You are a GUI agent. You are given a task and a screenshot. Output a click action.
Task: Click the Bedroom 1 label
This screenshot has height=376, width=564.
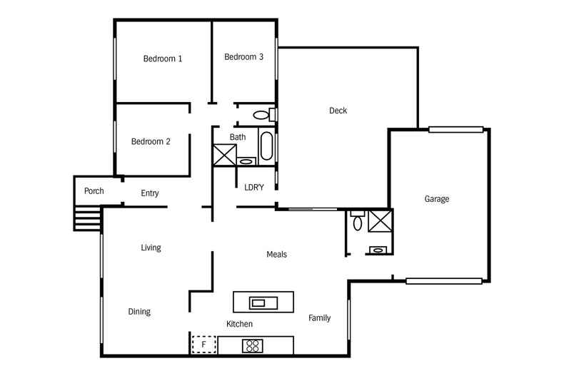coord(162,59)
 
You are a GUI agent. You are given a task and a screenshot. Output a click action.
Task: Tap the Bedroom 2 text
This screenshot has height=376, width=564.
coord(151,141)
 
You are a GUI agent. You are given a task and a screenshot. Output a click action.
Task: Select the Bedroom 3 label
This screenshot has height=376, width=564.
coord(243,57)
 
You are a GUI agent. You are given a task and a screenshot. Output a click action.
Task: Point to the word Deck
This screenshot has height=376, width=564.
coord(338,111)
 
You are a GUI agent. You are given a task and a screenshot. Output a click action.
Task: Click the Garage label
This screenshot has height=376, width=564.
coord(436,199)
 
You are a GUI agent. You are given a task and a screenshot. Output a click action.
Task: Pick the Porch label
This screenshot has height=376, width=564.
coord(94,191)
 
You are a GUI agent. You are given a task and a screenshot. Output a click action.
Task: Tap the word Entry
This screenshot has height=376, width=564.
coord(150,193)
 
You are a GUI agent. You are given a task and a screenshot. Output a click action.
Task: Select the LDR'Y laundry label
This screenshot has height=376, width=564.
coord(254,188)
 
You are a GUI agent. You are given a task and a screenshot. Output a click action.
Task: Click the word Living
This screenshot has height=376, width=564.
coord(151,248)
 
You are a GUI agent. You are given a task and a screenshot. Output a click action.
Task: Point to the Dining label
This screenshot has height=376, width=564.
coord(139,312)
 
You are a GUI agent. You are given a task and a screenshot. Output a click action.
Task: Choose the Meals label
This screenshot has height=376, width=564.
coord(276,255)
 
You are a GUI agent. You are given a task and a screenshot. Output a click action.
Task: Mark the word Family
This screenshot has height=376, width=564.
coord(319,317)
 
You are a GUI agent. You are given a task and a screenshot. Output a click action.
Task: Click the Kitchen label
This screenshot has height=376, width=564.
coord(239,324)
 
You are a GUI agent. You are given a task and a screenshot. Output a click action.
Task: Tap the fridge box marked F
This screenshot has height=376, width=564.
coord(203,345)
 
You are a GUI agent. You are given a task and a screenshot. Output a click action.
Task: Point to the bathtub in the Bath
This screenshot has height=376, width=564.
coord(266,147)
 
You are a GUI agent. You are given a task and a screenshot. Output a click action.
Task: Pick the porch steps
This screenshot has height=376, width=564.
coord(88,219)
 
